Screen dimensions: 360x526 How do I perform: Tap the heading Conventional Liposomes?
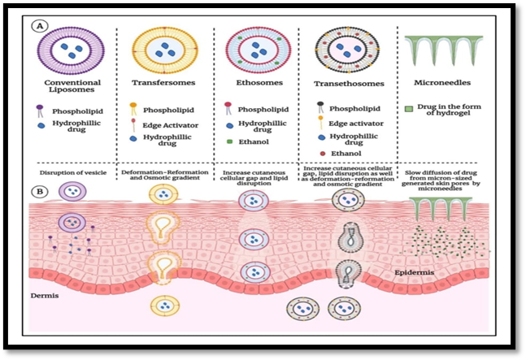coord(73,86)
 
